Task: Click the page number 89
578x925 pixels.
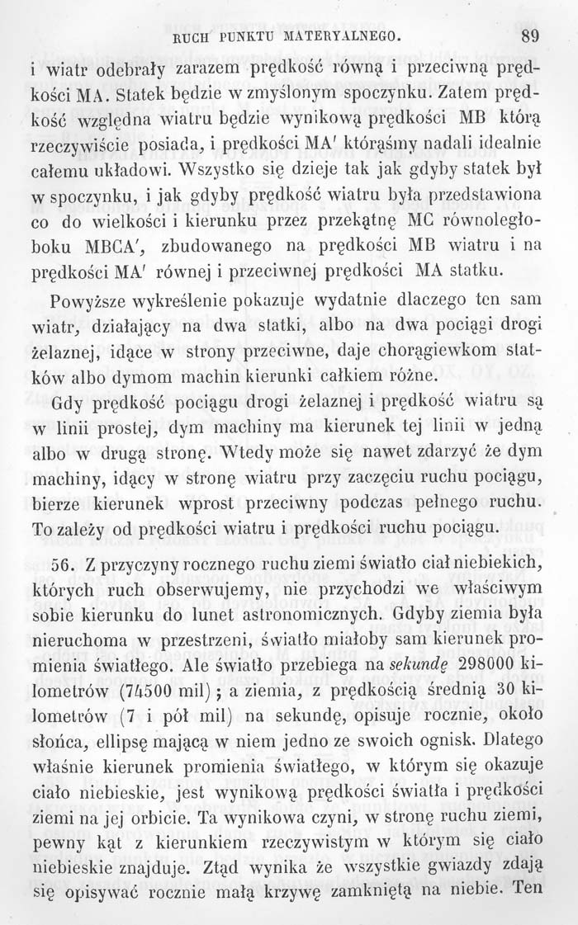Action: point(530,35)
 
